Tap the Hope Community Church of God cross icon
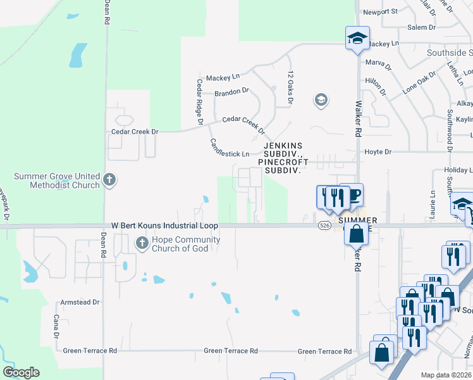tap(141, 243)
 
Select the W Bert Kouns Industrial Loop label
tap(164, 225)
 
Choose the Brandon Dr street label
tap(231, 92)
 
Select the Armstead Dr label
tap(80, 302)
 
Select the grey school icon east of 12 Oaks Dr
tap(321, 99)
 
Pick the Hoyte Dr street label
tap(379, 152)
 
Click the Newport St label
tap(380, 11)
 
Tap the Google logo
tap(21, 372)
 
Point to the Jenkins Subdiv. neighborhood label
tap(283, 145)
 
